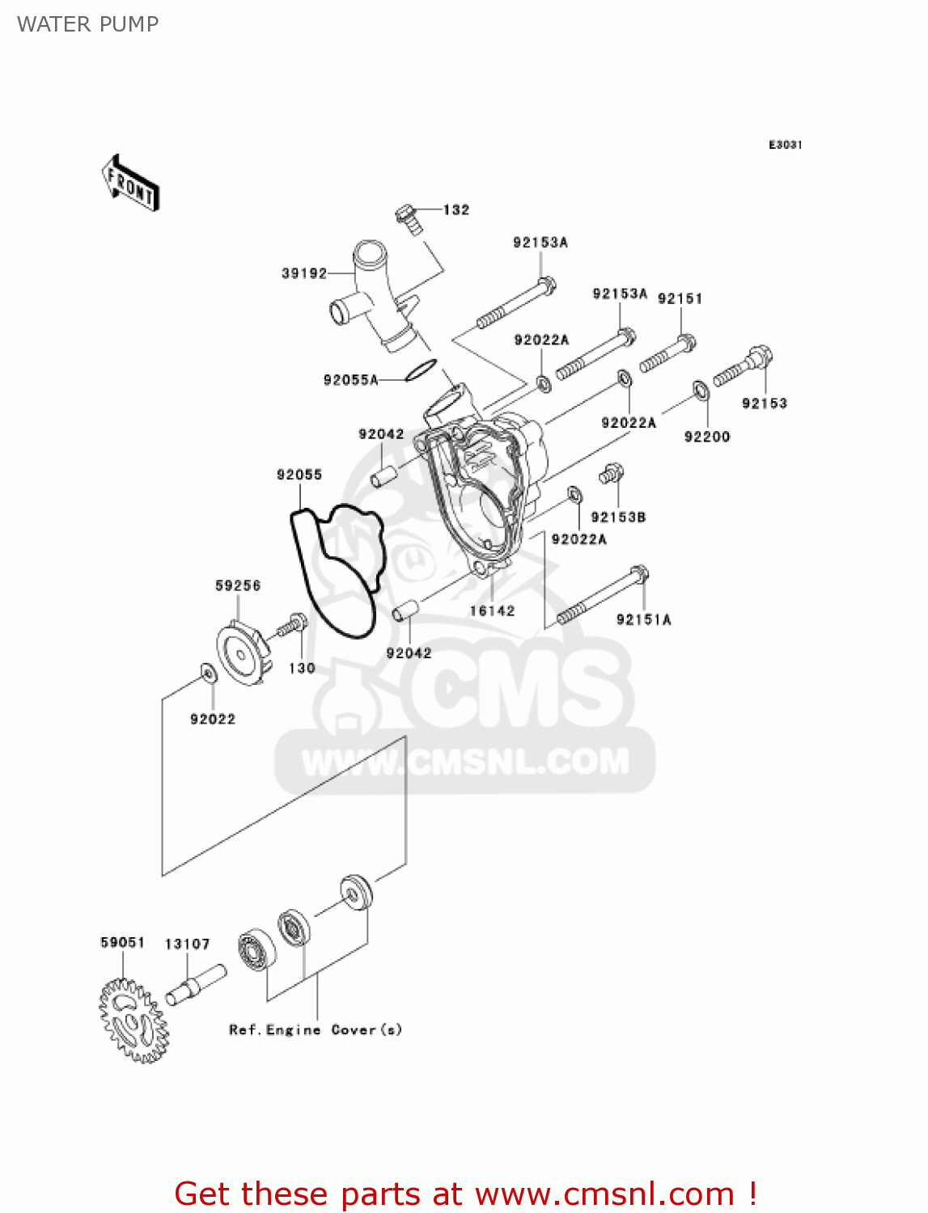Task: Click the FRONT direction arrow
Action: click(130, 184)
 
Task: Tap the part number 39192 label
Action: click(304, 273)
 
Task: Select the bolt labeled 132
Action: click(409, 218)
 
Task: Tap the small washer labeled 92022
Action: click(208, 673)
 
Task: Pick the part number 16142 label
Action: click(492, 611)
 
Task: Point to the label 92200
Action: click(706, 437)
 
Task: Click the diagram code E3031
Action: click(785, 145)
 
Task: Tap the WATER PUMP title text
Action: click(87, 24)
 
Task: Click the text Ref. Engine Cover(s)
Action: click(315, 1029)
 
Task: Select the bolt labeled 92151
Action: click(668, 353)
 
